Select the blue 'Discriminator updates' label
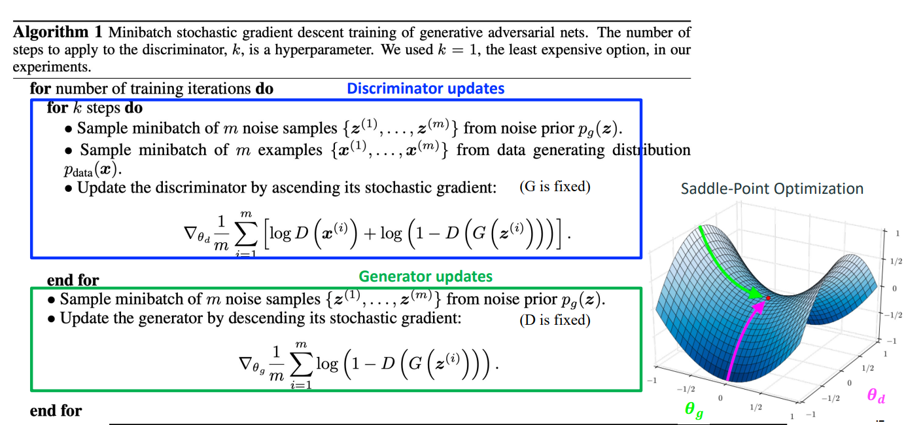pyautogui.click(x=425, y=88)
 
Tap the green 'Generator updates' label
pyautogui.click(x=425, y=276)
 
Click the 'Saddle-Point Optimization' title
pyautogui.click(x=772, y=189)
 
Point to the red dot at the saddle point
pyautogui.click(x=768, y=298)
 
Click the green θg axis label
pyautogui.click(x=694, y=411)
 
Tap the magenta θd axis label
pyautogui.click(x=876, y=396)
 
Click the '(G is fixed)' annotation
pyautogui.click(x=555, y=187)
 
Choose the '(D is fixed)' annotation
pyautogui.click(x=555, y=320)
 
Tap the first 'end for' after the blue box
pyautogui.click(x=73, y=280)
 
